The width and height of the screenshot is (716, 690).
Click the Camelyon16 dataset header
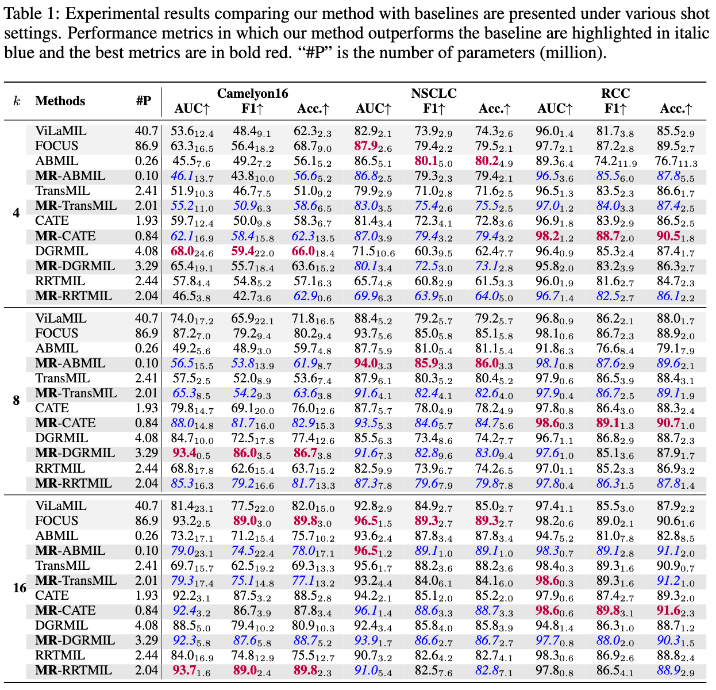pyautogui.click(x=252, y=93)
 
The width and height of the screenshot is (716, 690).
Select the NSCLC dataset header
pyautogui.click(x=434, y=93)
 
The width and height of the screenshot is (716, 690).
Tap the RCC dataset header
pyautogui.click(x=615, y=93)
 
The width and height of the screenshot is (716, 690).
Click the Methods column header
pyautogui.click(x=60, y=101)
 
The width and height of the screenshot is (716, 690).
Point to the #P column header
pyautogui.click(x=144, y=101)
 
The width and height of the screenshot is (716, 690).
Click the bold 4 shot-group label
pyautogui.click(x=16, y=213)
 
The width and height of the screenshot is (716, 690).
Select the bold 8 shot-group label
pyautogui.click(x=16, y=401)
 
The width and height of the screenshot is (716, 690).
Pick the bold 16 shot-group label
pyautogui.click(x=19, y=588)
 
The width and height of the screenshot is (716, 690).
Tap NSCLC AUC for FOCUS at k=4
pyautogui.click(x=374, y=146)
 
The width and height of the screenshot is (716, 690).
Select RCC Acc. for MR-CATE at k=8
pyautogui.click(x=676, y=423)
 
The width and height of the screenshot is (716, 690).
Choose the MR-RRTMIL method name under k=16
pyautogui.click(x=74, y=670)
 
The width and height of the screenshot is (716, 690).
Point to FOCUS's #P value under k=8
pyautogui.click(x=147, y=333)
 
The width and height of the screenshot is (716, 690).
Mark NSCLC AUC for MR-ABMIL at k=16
pyautogui.click(x=374, y=551)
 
